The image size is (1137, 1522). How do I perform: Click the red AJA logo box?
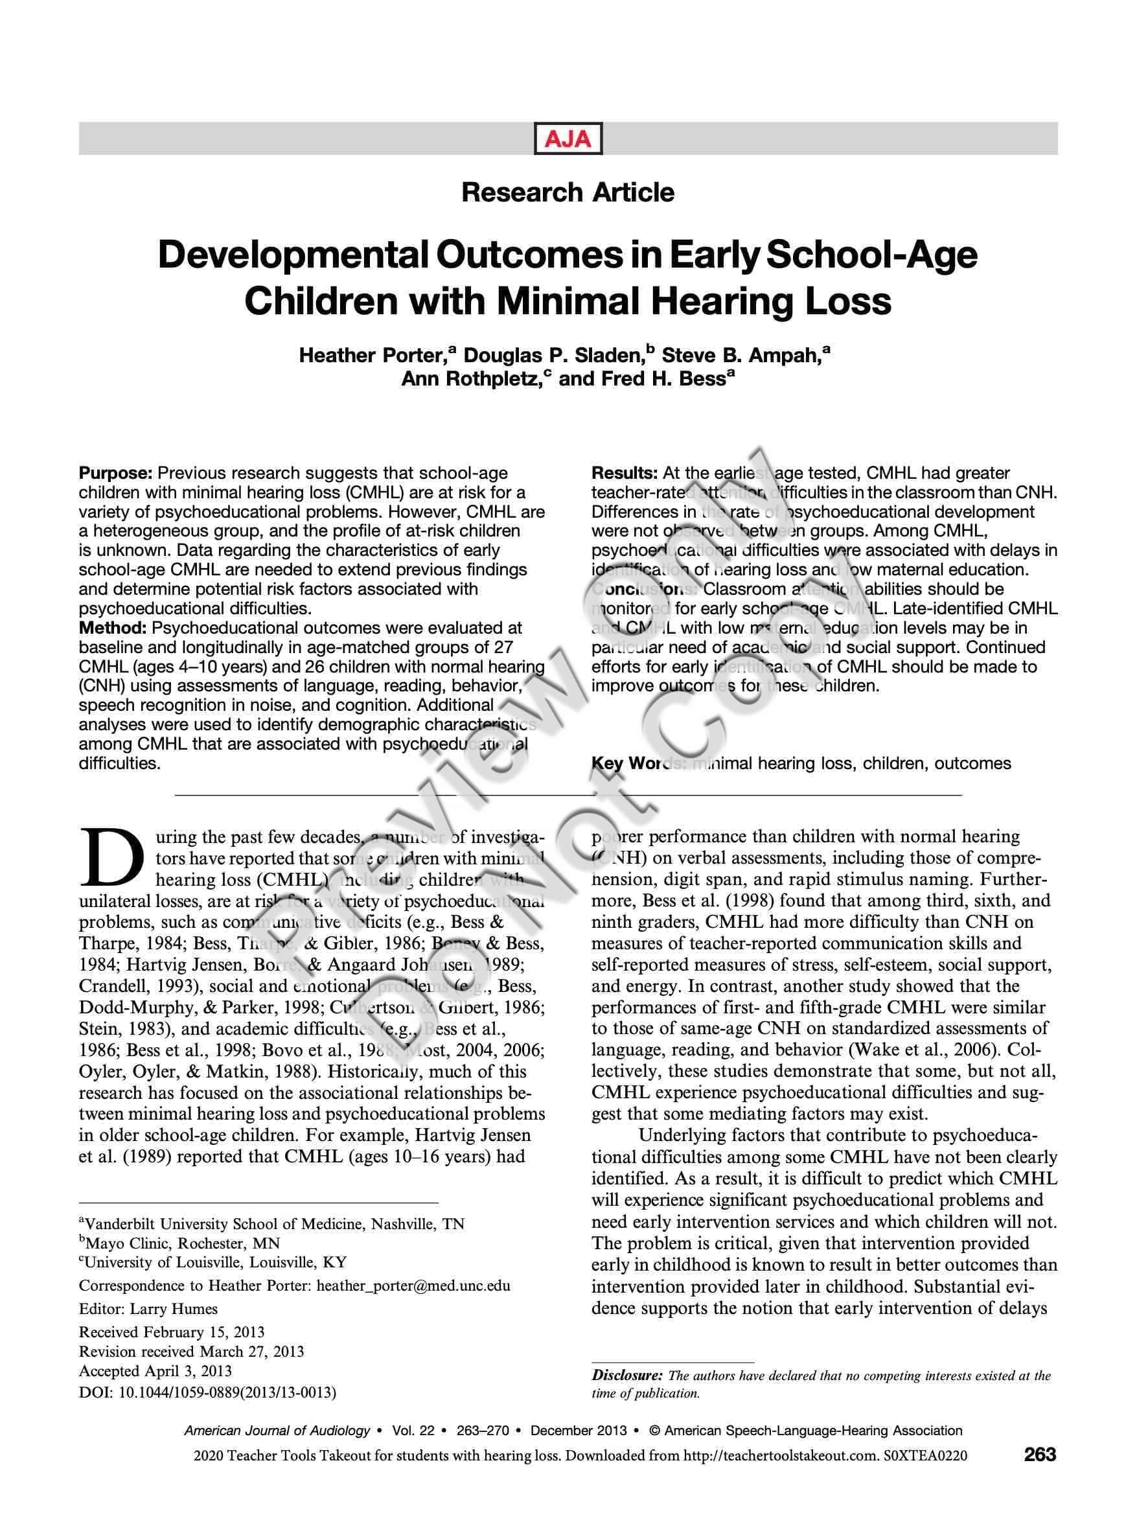[x=568, y=139]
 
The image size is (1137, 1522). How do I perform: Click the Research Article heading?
[x=568, y=192]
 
